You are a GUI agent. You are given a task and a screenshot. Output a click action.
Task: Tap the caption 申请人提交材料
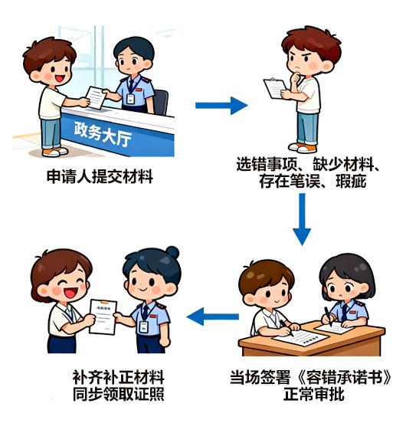[x=100, y=177]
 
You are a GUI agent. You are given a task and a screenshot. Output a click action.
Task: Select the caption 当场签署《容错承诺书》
[x=315, y=378]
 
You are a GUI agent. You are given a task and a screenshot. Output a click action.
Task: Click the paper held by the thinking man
[x=274, y=88]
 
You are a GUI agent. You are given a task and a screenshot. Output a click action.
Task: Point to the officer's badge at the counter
[x=130, y=99]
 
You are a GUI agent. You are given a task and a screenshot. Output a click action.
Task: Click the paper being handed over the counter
[x=95, y=97]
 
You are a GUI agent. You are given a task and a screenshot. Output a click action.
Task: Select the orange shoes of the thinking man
[x=306, y=147]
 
